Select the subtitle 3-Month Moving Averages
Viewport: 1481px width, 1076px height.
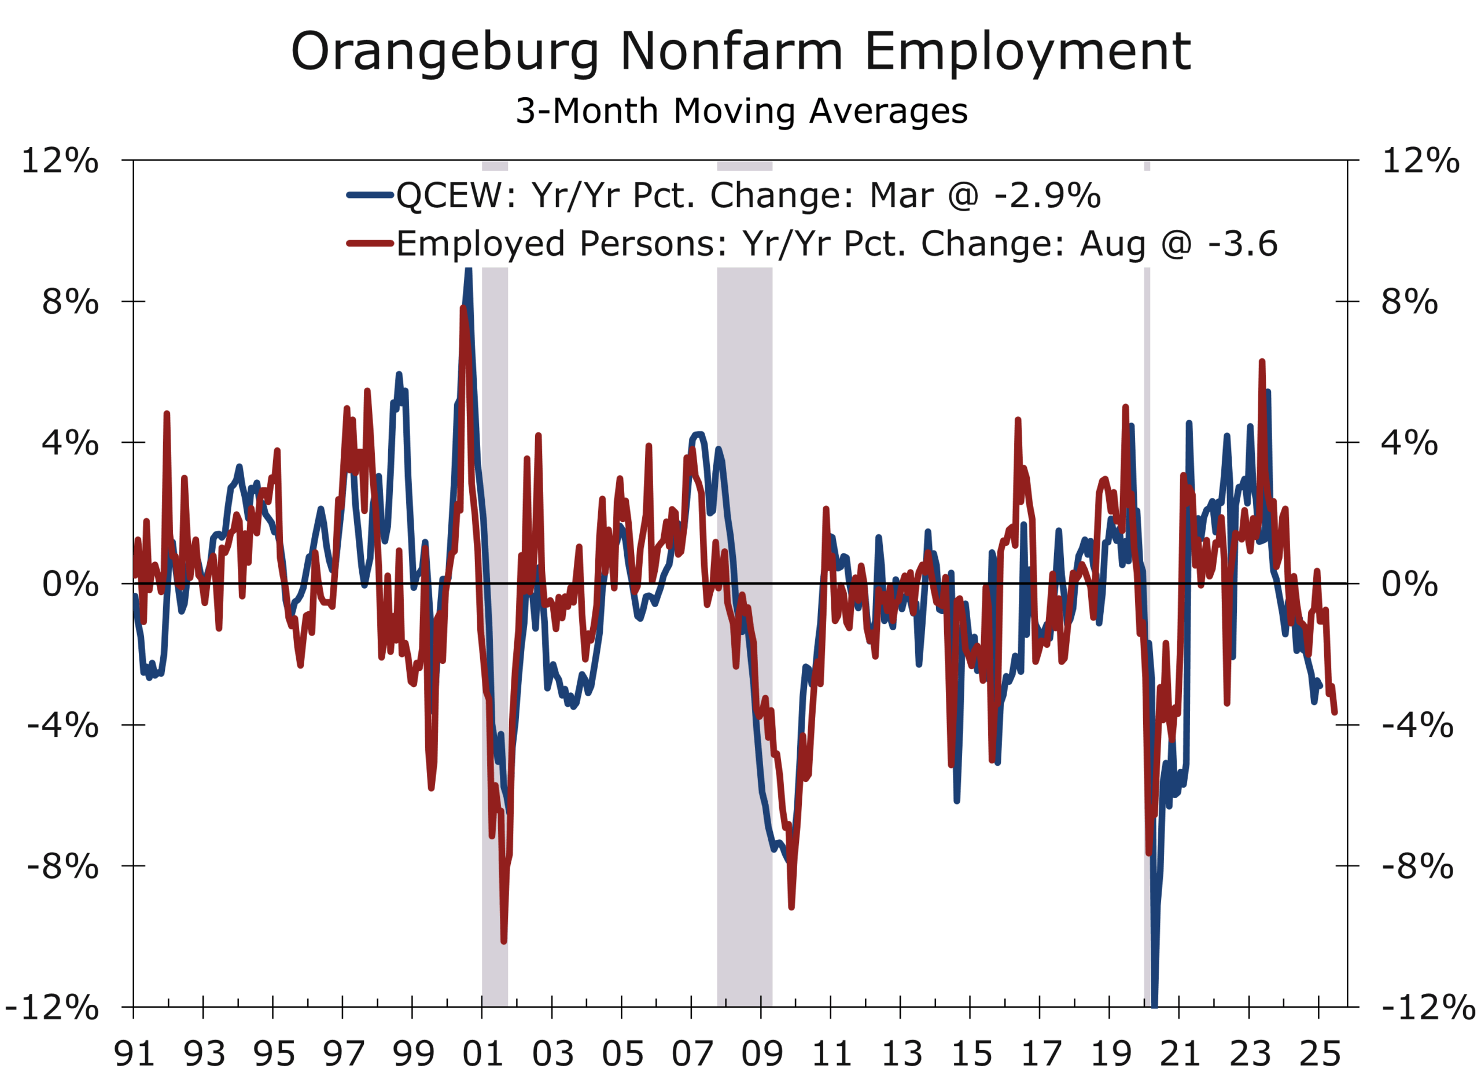[741, 111]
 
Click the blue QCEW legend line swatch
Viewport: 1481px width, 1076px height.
[370, 194]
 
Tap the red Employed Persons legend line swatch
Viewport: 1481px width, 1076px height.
[370, 244]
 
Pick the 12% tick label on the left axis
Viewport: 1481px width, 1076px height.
[60, 160]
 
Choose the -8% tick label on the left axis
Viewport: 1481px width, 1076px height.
[62, 866]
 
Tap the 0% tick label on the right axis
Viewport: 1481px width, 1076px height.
[1409, 583]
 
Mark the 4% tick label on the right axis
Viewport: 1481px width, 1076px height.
[1409, 443]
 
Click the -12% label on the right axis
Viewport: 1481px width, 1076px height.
[1427, 1007]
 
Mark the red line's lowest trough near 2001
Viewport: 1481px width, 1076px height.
[503, 941]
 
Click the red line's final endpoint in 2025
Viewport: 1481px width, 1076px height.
[1334, 711]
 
